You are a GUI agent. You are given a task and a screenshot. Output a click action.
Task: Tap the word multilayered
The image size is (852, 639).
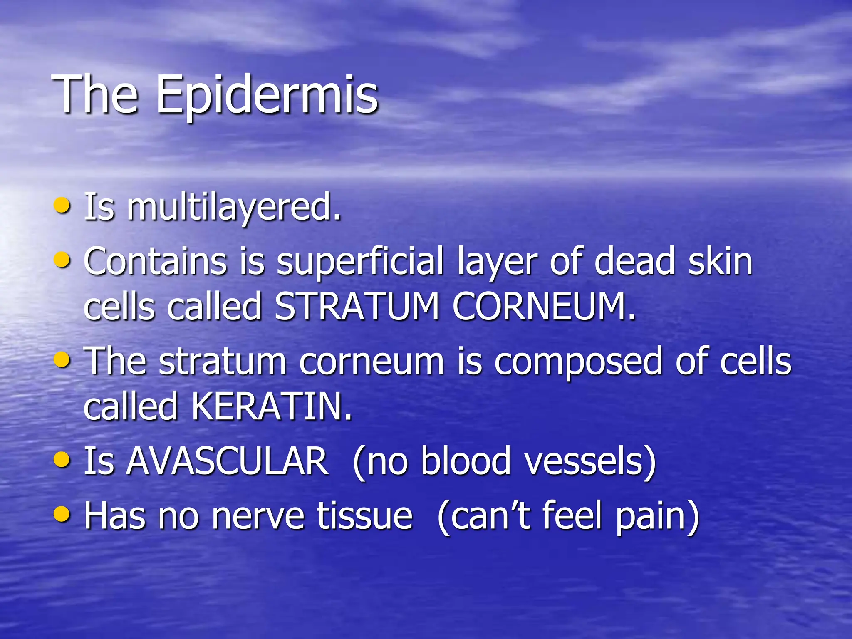coord(234,207)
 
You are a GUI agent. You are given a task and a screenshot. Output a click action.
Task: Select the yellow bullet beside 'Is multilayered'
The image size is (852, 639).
coord(62,205)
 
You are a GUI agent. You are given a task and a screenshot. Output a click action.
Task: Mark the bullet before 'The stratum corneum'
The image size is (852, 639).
coord(62,359)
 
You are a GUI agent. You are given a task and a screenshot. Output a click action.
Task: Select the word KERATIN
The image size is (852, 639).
coord(271,406)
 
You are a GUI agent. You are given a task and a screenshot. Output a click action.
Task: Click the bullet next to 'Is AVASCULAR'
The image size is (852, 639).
coord(62,459)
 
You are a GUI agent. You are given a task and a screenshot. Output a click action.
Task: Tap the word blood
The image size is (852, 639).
coord(466,461)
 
